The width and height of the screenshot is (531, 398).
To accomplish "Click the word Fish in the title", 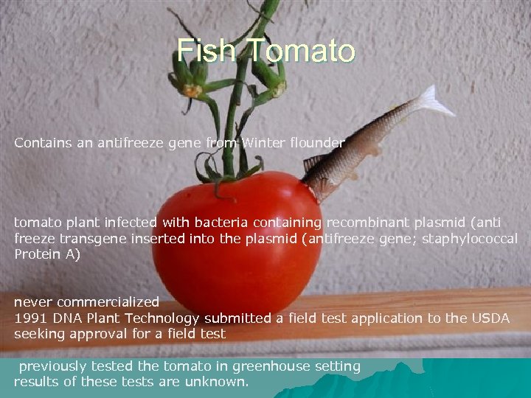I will [209, 50].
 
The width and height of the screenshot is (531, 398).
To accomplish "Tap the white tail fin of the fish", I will [435, 101].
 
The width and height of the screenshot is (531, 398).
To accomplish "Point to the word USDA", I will [490, 318].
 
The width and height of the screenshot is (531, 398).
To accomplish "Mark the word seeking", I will [37, 334].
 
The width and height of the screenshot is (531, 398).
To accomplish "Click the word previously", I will [52, 366].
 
